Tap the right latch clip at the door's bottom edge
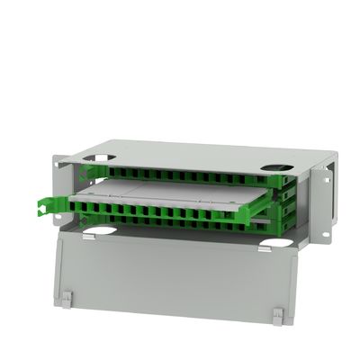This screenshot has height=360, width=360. tap(278, 315)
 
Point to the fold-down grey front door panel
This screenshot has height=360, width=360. tap(171, 274)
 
